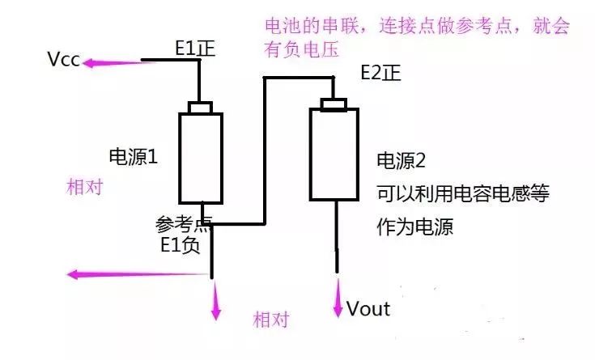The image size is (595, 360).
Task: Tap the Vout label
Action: [368, 308]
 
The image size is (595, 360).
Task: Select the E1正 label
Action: [198, 47]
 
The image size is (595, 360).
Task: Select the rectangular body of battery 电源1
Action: [200, 158]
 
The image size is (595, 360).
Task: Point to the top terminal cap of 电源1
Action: [200, 108]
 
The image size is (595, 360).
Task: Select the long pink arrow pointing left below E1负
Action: [138, 274]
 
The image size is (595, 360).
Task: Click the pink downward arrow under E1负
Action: [215, 303]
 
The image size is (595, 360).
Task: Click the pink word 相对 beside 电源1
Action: [85, 187]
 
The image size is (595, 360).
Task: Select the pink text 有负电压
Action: [298, 49]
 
